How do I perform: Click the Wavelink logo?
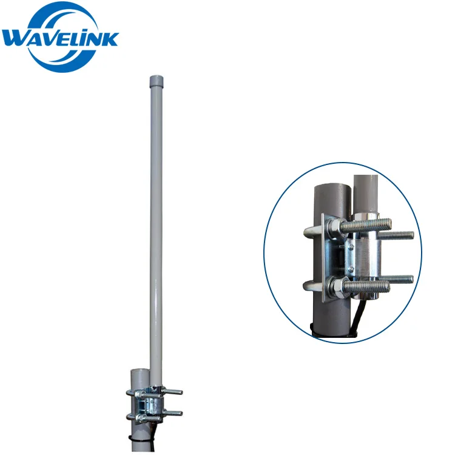[60, 37]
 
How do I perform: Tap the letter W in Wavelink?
[16, 39]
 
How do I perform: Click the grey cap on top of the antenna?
[156, 81]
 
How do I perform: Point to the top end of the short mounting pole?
[140, 371]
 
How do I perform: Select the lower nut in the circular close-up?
[336, 288]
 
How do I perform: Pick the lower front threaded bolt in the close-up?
[367, 287]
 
